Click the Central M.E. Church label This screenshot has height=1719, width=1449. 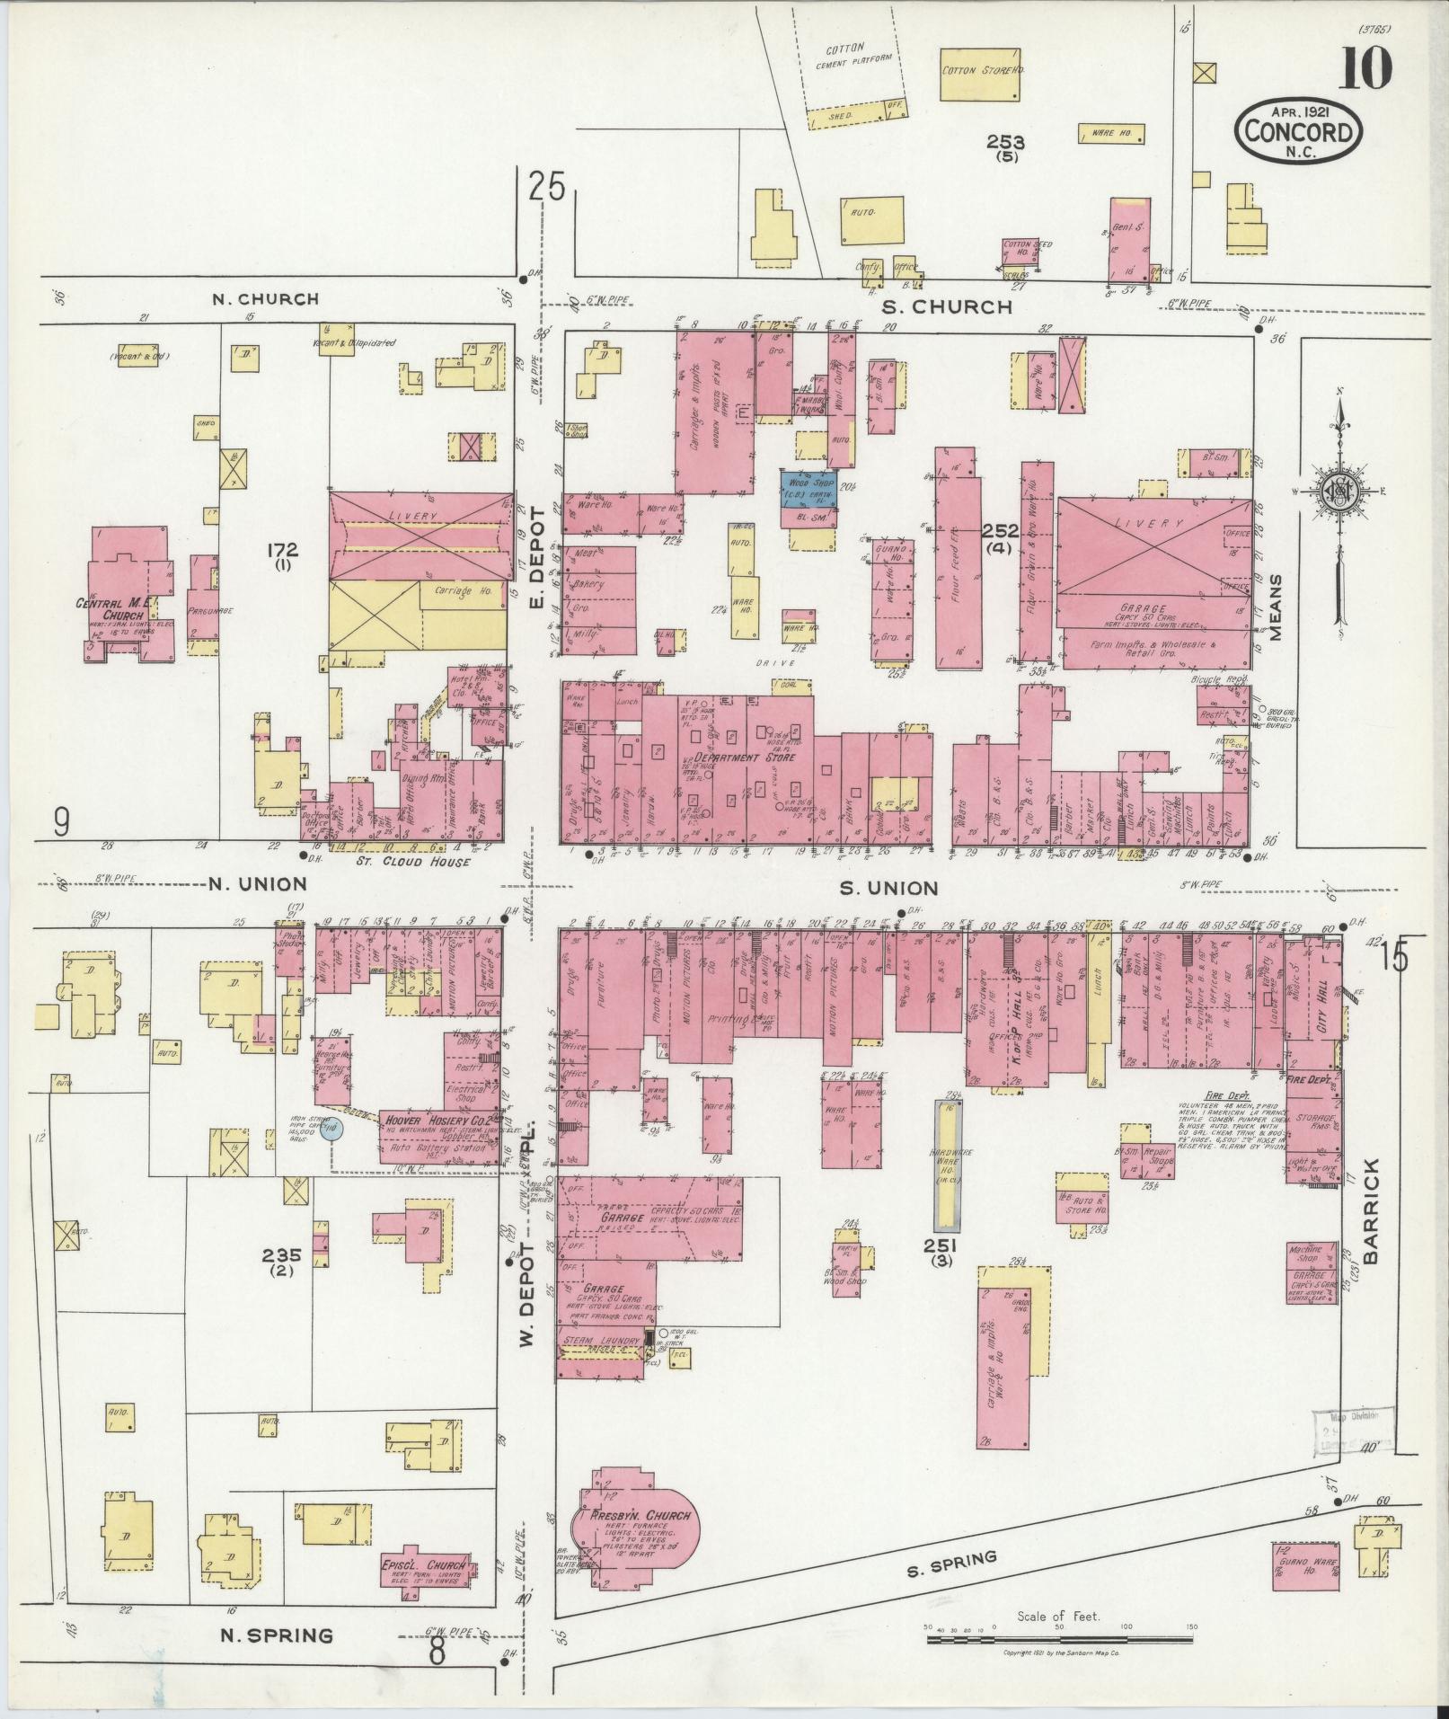(x=121, y=610)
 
